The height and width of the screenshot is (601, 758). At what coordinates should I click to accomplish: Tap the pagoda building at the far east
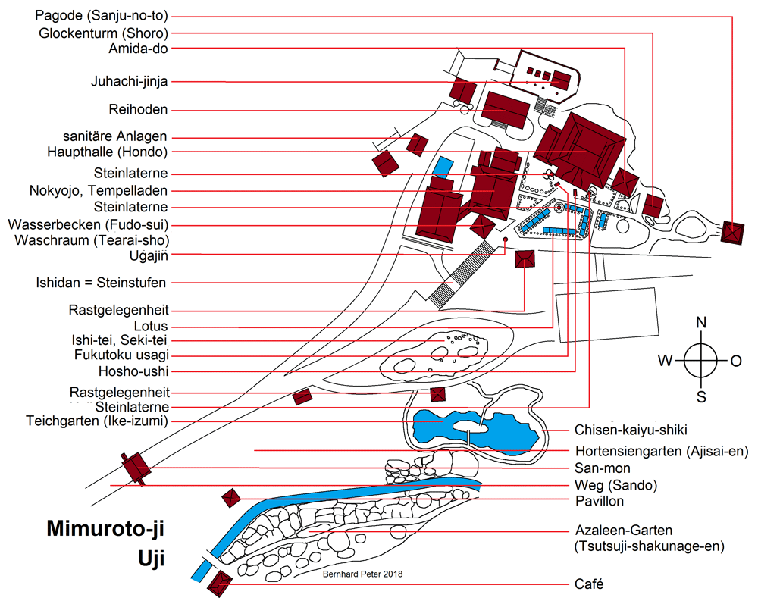733,232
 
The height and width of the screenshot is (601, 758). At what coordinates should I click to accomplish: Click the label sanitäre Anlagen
115,136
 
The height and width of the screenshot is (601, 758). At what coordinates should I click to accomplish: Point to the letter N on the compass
701,323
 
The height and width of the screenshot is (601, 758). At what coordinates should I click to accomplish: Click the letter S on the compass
701,396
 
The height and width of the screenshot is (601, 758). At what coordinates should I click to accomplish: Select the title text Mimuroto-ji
106,528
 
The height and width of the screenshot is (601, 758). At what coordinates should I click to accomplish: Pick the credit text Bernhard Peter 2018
363,574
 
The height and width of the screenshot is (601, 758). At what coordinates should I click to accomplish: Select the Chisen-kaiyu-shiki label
630,430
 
